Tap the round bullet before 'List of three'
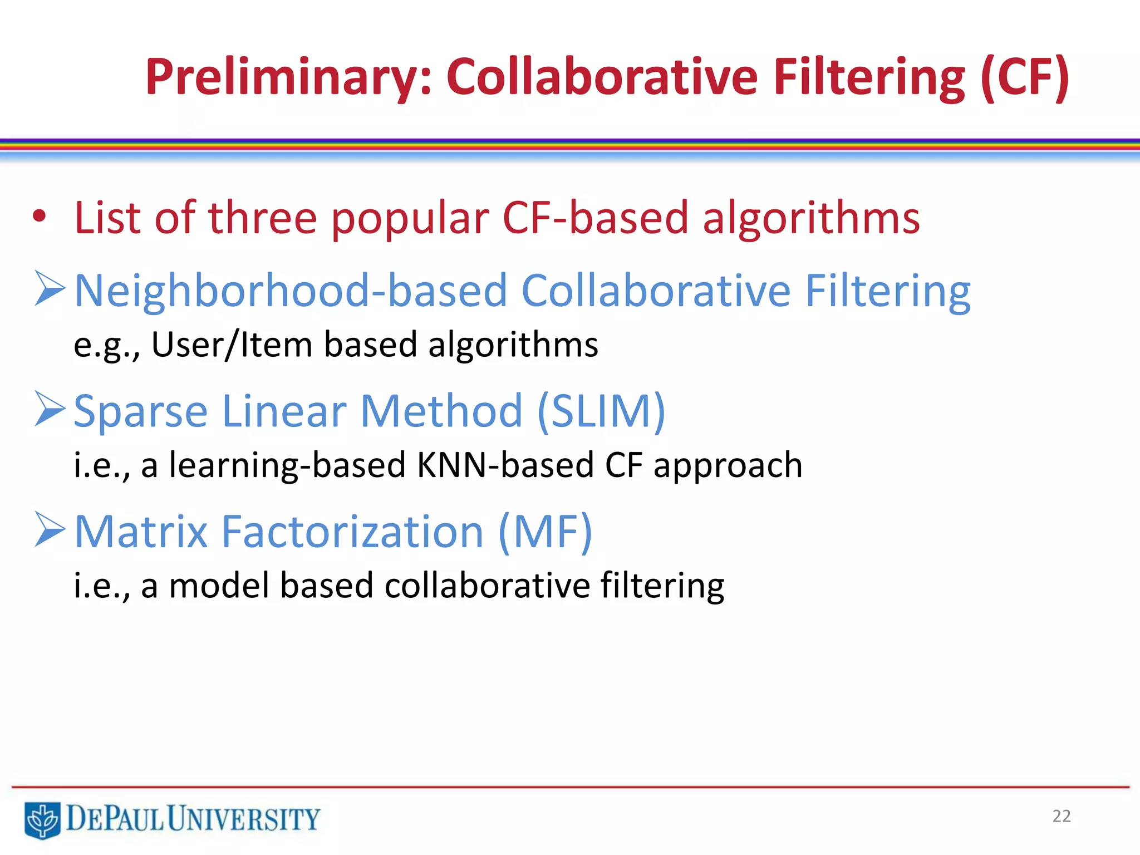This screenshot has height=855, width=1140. (39, 217)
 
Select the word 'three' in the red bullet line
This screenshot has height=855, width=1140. (262, 218)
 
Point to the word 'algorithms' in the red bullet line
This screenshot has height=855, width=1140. (811, 219)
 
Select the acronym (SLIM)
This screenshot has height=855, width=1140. (602, 411)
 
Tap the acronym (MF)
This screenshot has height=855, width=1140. (545, 532)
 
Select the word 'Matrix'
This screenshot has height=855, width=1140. (141, 532)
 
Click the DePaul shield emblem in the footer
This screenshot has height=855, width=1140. (42, 819)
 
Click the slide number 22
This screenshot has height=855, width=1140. (1062, 816)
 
